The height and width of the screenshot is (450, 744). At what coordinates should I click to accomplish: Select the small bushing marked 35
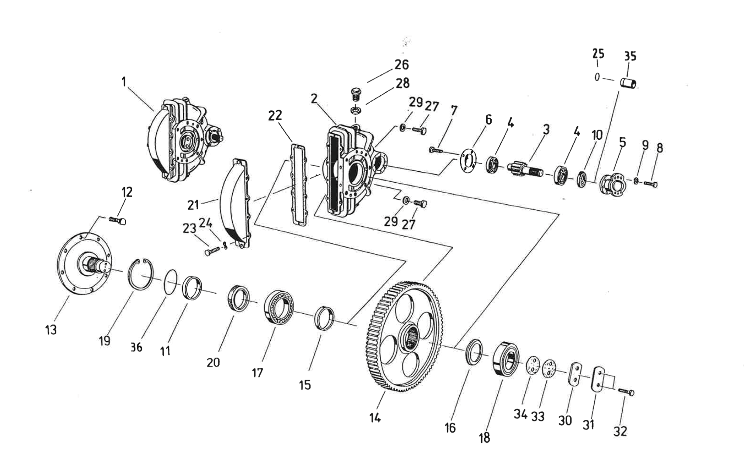628,83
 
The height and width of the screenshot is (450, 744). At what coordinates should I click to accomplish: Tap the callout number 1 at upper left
124,82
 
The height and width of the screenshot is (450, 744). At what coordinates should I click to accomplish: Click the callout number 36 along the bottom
137,347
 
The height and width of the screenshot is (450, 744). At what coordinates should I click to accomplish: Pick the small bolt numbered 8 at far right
651,184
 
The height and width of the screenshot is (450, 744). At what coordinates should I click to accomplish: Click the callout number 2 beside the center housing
314,99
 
